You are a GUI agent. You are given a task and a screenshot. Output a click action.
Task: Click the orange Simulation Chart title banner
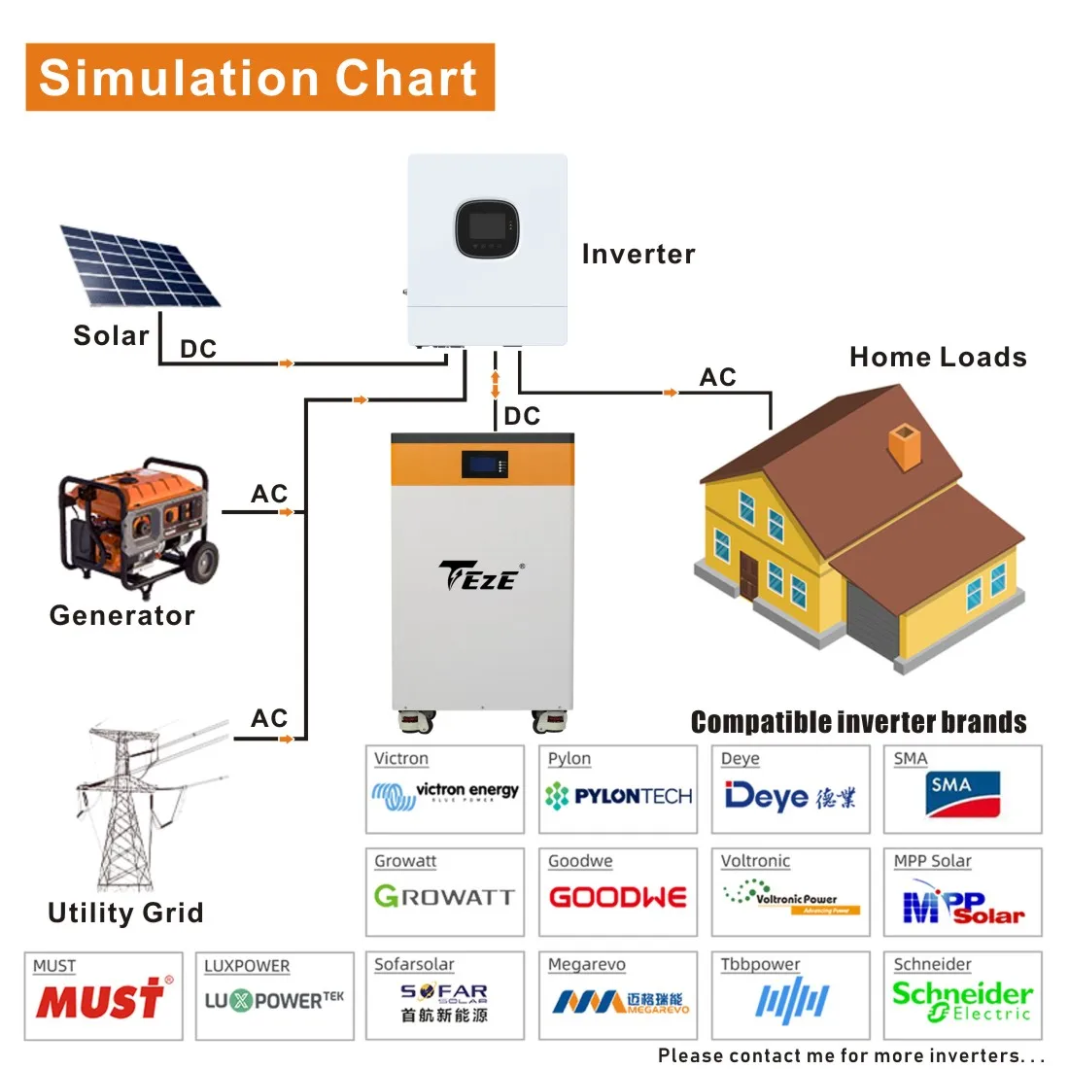tap(259, 77)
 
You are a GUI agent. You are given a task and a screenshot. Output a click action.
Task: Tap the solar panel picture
tap(139, 264)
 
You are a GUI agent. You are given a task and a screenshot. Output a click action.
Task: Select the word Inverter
tap(638, 255)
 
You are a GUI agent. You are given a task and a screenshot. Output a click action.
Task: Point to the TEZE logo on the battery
tap(480, 576)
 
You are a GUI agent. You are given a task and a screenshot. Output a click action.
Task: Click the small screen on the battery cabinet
tap(484, 464)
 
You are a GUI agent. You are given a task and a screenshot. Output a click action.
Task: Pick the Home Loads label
tap(938, 358)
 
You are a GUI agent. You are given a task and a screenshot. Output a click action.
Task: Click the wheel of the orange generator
tap(202, 562)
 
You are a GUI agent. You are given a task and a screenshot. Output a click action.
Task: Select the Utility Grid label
tap(125, 913)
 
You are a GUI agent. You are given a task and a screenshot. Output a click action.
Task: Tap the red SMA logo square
tap(963, 795)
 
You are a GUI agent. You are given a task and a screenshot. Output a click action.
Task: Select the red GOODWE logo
tap(618, 897)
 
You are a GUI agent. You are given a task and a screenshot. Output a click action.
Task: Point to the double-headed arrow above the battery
tap(495, 384)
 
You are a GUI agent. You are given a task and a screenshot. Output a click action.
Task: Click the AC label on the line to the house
tap(718, 377)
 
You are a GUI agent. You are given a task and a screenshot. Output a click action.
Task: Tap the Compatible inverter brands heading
tap(858, 722)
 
